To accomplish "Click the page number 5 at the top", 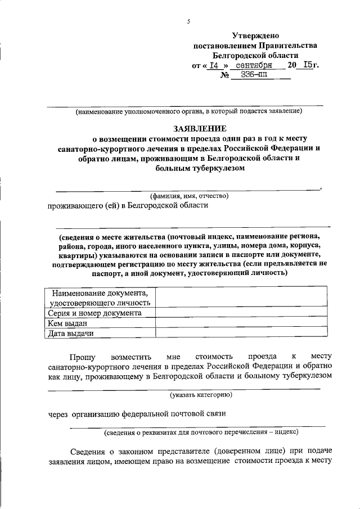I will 189,22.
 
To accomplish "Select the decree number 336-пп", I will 255,76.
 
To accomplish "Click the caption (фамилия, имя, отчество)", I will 189,196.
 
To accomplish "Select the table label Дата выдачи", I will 71,333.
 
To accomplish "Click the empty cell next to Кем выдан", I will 242,323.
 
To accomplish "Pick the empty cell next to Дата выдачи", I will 242,333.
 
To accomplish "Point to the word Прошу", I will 83,357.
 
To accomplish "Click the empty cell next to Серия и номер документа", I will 242,313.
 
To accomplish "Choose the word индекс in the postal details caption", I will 285,433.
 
